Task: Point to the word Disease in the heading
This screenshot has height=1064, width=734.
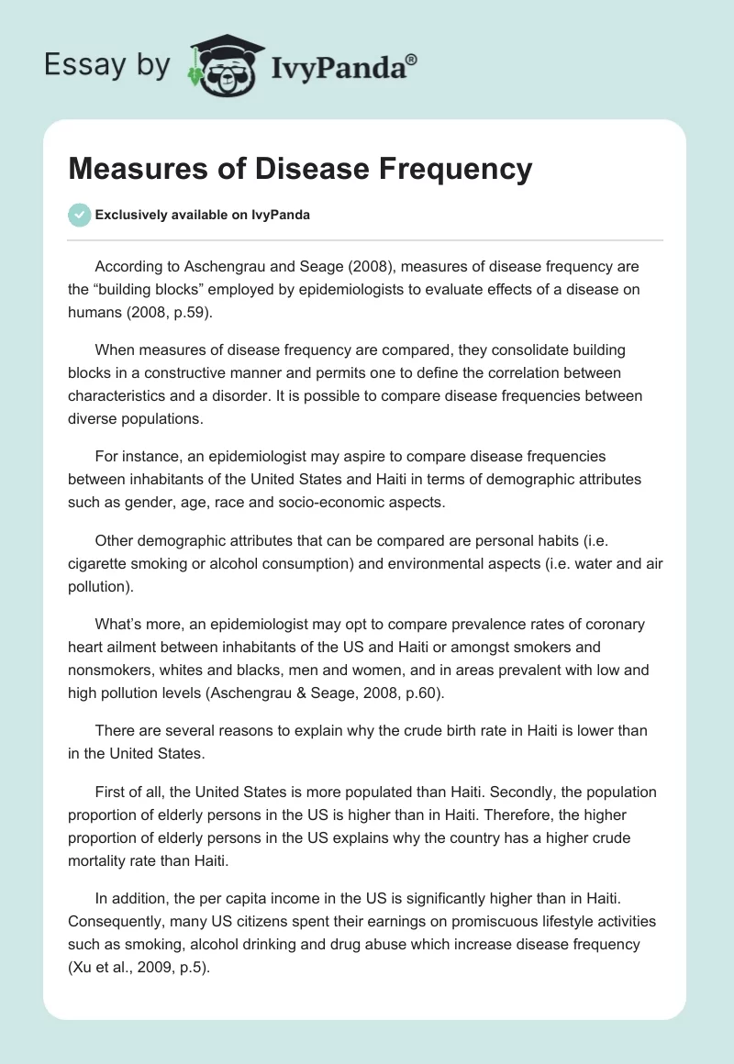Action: [299, 169]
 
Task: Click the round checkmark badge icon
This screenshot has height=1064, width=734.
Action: [79, 215]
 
